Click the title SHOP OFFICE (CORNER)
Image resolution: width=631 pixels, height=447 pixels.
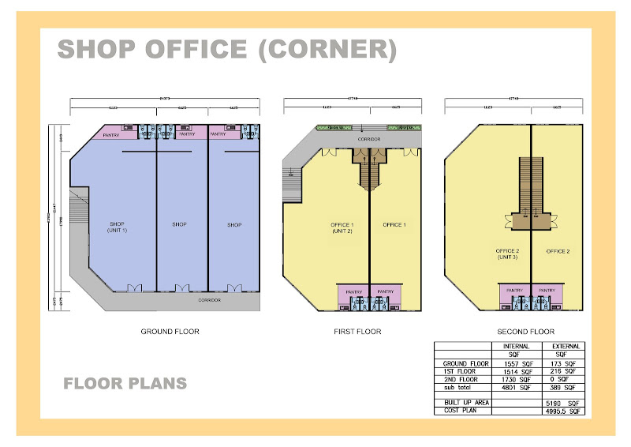226,50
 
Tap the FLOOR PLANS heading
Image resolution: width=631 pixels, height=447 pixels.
125,384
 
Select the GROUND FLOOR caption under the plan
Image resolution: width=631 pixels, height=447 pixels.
170,332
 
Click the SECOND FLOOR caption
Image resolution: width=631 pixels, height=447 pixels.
526,332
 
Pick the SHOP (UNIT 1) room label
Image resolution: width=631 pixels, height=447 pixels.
117,227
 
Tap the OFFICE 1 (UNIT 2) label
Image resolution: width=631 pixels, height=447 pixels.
342,227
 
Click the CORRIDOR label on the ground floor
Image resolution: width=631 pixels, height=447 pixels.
210,300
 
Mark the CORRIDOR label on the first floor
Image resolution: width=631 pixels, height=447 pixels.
369,139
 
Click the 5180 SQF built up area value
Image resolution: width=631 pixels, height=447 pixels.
563,403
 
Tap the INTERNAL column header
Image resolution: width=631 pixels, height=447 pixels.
516,346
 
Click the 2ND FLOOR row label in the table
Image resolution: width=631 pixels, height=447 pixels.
461,379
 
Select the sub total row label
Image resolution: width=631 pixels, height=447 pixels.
457,387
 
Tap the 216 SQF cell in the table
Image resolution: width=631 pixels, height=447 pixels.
563,370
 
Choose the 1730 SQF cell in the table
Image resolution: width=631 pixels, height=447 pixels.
516,379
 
